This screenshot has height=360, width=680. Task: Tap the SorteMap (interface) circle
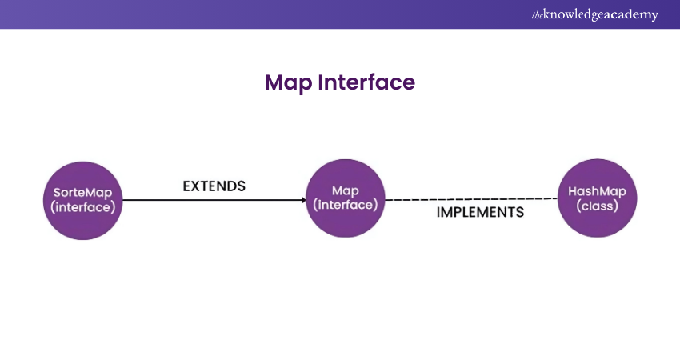[x=84, y=199]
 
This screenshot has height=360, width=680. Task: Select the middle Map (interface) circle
[x=346, y=198]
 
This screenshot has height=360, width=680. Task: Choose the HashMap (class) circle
[x=597, y=198]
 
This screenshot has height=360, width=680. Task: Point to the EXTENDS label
[x=214, y=186]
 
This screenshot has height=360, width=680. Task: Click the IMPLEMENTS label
[x=480, y=213]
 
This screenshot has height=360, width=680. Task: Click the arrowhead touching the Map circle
[x=302, y=199]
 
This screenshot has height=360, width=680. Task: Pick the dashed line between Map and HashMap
[x=472, y=199]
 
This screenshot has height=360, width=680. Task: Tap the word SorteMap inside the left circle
[x=84, y=192]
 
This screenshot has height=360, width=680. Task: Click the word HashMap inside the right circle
[x=597, y=191]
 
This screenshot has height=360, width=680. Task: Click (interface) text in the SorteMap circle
[x=84, y=206]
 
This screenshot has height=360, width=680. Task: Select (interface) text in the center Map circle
[x=346, y=205]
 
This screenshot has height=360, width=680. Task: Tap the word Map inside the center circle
[x=346, y=190]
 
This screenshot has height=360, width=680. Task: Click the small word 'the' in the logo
[x=537, y=15]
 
